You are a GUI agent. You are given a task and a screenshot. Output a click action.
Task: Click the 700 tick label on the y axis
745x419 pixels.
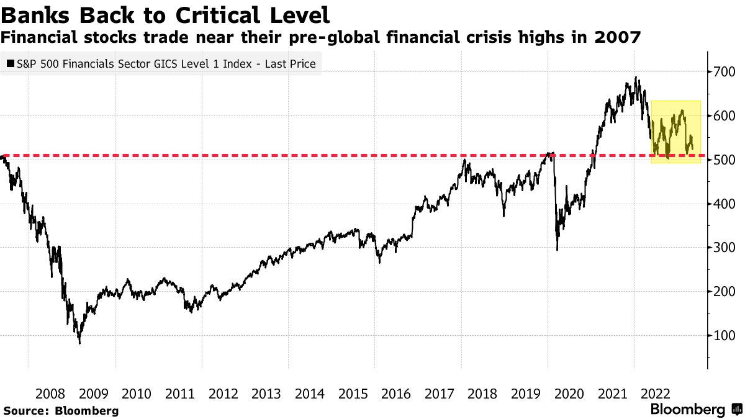[725, 73]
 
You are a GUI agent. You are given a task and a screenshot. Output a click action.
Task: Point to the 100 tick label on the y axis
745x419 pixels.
[725, 336]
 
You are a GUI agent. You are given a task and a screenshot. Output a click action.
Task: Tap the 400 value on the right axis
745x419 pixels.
[725, 204]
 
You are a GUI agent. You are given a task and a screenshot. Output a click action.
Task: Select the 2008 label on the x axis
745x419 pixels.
[50, 394]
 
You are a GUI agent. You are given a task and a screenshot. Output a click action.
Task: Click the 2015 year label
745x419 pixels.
[353, 394]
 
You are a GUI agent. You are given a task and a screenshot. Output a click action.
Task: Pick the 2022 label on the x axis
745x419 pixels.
[656, 394]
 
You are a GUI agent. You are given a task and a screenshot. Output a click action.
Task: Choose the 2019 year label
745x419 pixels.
[526, 394]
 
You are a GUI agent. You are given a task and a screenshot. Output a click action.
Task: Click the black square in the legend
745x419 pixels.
[11, 63]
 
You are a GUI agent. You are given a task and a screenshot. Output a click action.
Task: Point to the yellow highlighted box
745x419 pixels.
[675, 132]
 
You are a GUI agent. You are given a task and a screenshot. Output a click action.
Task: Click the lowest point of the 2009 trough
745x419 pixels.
[79, 343]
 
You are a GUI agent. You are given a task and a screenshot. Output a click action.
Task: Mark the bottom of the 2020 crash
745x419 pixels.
[557, 250]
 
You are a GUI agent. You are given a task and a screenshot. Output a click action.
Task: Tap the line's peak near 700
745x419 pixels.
[636, 78]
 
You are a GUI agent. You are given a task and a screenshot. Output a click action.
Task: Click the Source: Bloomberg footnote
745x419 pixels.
[61, 410]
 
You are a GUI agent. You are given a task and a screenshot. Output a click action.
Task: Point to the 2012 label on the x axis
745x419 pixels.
[223, 394]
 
